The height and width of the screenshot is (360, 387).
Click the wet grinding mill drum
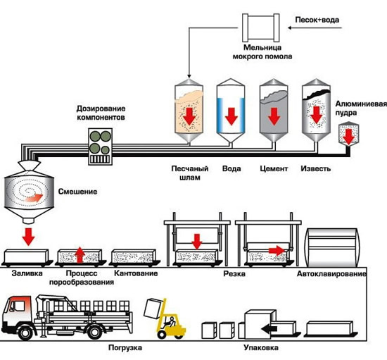(x=261, y=27)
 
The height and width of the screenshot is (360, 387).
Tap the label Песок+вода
(x=317, y=20)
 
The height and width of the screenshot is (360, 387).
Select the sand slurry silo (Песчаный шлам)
(x=189, y=111)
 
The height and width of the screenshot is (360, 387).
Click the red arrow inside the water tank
(x=231, y=116)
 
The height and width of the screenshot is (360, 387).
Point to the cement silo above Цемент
(x=274, y=111)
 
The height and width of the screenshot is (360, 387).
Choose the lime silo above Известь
(x=316, y=111)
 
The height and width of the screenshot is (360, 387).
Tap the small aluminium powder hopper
(x=348, y=133)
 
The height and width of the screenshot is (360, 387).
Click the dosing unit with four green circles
(x=101, y=147)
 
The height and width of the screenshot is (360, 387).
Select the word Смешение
(x=77, y=192)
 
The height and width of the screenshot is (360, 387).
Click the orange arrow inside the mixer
(x=34, y=198)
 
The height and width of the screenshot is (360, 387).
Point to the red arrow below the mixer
(x=28, y=237)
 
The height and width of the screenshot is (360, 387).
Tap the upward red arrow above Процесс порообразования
(x=80, y=255)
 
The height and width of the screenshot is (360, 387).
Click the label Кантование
(x=136, y=273)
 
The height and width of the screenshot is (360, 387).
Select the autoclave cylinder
(x=331, y=247)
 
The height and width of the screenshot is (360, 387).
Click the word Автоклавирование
(x=331, y=273)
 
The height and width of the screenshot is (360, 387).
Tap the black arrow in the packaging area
(x=269, y=329)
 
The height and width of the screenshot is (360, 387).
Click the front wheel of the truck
(x=25, y=333)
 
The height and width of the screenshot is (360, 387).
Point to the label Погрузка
(x=125, y=348)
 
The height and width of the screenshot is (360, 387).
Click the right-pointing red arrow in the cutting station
(x=277, y=251)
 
